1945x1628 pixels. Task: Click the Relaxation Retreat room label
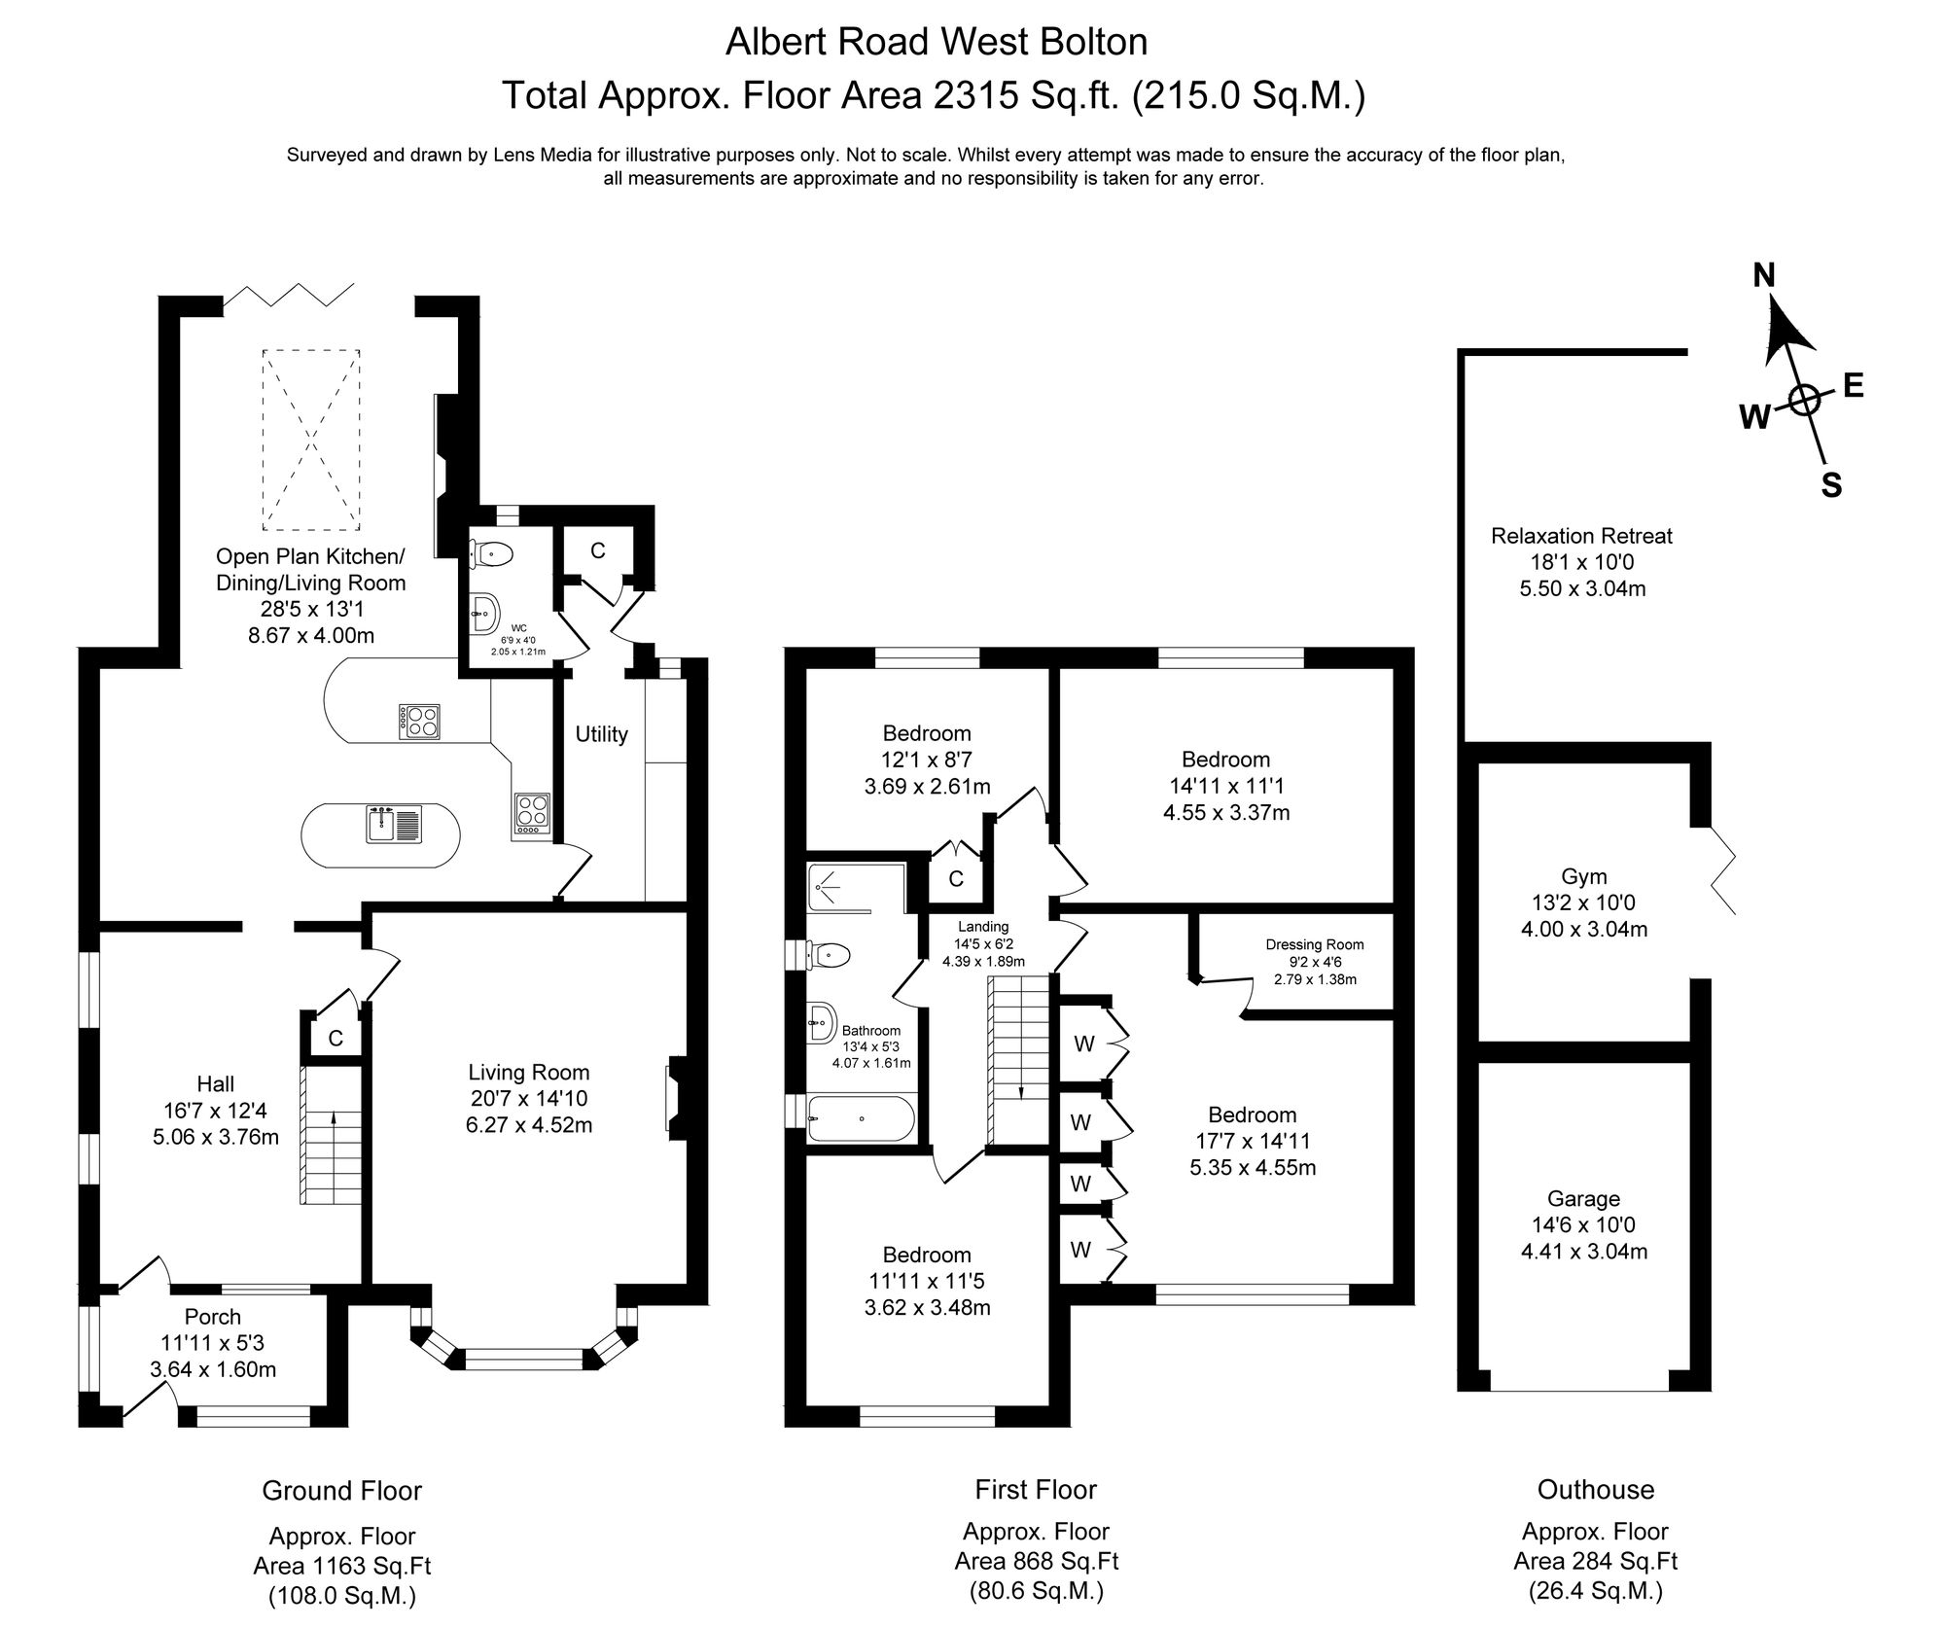pos(1581,536)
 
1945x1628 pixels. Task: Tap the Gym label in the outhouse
pos(1583,876)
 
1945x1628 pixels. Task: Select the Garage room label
pos(1583,1199)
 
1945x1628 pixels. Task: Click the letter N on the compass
pos(1763,276)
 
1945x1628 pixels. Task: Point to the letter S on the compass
pos(1831,484)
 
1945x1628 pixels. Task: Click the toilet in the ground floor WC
pos(491,554)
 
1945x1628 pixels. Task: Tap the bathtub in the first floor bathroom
pos(862,1118)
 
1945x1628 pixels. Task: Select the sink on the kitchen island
pos(394,825)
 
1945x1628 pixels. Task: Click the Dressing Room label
pos(1315,944)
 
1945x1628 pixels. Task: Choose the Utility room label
pos(601,734)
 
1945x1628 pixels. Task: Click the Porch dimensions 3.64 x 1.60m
pos(213,1369)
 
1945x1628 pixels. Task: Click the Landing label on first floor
pos(982,927)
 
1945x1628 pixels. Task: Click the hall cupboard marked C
pos(336,1039)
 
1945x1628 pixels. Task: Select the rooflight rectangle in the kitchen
pos(310,440)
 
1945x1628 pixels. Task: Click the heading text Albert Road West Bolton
pos(937,42)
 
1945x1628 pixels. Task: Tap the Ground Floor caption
pos(341,1490)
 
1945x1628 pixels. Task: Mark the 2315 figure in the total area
pos(967,95)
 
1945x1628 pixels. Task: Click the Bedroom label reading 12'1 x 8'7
pos(927,760)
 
